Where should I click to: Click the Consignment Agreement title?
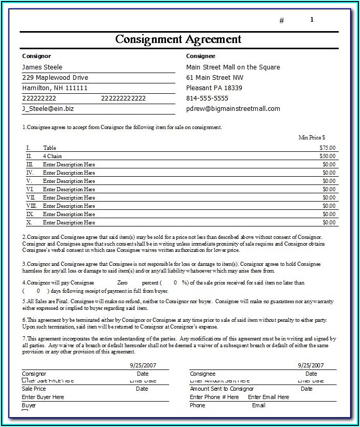[178, 39]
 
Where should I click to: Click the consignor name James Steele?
[42, 67]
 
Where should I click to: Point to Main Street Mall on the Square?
[233, 67]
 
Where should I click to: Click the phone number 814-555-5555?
[207, 98]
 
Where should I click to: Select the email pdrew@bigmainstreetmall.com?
[233, 109]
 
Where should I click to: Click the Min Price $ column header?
[312, 137]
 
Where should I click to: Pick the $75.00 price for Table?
[327, 148]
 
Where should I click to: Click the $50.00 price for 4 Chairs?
[327, 156]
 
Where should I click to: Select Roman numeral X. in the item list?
[30, 222]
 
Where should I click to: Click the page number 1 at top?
[312, 20]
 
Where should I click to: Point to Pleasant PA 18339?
[214, 88]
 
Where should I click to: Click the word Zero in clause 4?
[122, 283]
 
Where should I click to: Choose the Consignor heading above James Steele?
[36, 56]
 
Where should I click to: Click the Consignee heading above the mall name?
[200, 56]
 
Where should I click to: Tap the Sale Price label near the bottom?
[34, 389]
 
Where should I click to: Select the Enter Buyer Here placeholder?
[43, 397]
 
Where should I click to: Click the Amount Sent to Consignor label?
[221, 389]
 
